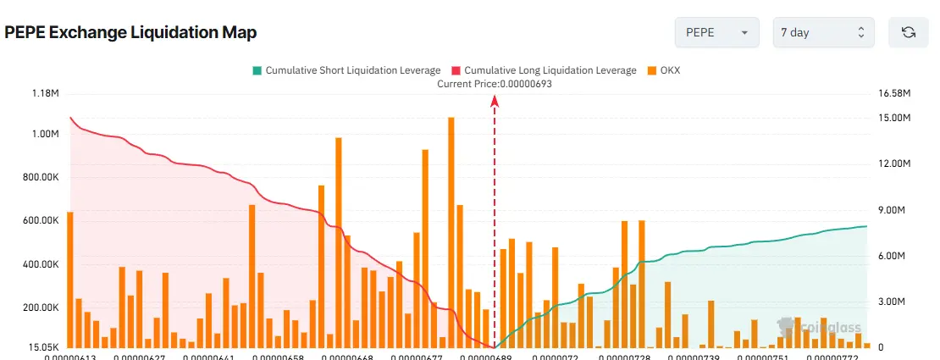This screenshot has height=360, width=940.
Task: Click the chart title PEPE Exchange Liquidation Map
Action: (130, 33)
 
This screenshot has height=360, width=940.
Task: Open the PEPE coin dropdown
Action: (716, 33)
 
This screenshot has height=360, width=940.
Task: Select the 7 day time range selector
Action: (822, 33)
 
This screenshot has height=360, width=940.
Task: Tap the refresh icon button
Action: (909, 33)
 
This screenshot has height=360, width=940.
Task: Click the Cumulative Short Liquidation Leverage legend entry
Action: (346, 70)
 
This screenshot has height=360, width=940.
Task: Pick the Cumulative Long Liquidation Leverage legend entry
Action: (544, 70)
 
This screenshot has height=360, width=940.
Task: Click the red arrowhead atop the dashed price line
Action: (495, 102)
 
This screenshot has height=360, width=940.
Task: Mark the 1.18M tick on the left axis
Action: (44, 93)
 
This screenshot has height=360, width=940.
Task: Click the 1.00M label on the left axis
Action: (44, 135)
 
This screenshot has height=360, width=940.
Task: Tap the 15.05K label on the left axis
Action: (42, 347)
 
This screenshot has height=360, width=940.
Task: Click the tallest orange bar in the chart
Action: (451, 233)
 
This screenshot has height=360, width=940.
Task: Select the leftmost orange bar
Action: (69, 280)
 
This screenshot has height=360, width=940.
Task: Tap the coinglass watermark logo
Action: (809, 324)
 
